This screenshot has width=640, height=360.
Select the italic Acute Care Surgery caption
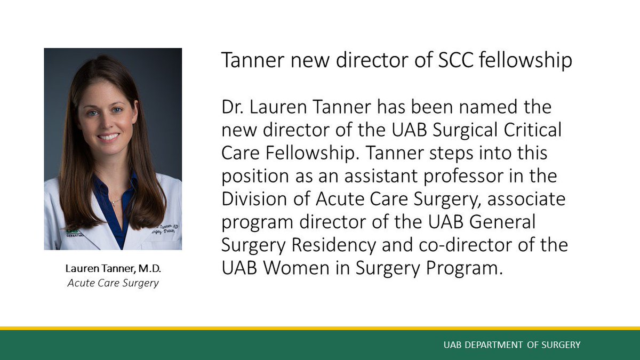pos(113,283)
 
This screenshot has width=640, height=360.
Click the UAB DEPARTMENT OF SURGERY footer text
pos(512,345)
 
